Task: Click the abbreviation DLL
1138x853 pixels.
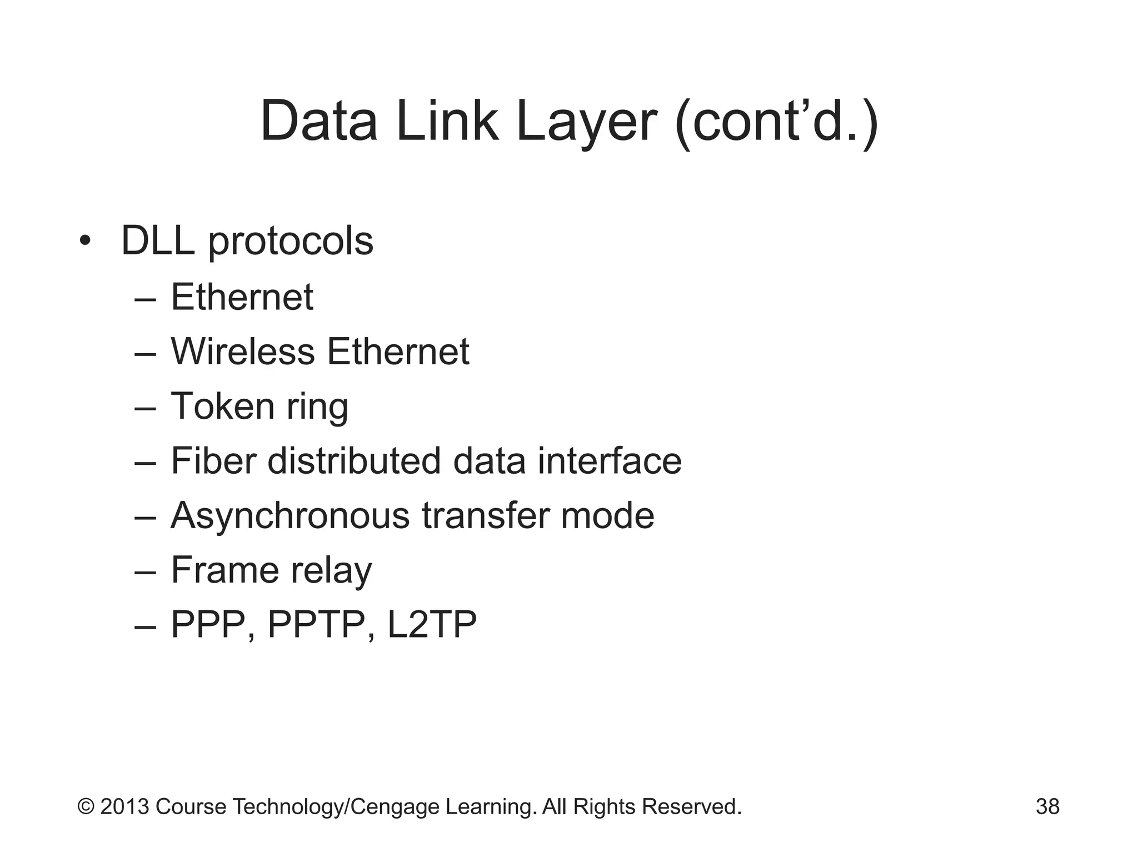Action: [x=158, y=242]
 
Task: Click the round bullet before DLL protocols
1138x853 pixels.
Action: [x=84, y=241]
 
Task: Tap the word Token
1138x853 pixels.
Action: [x=222, y=406]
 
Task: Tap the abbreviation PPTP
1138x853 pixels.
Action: [x=316, y=624]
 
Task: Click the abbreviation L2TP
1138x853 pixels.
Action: [x=432, y=624]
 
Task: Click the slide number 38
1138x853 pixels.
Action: [x=1047, y=806]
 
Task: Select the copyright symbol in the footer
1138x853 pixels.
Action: [x=86, y=806]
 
